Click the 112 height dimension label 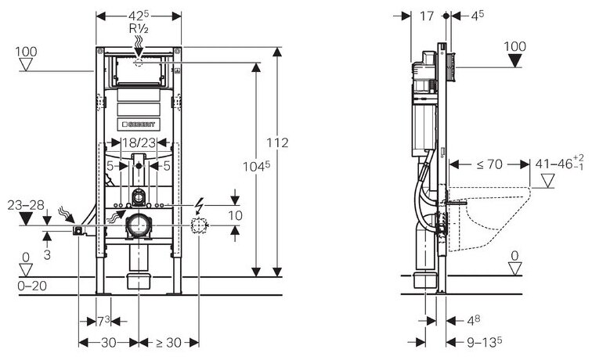277,142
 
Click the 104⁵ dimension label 256,166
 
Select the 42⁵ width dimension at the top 139,16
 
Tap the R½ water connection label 139,28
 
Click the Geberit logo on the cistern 139,124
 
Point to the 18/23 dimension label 139,142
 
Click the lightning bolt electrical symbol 200,205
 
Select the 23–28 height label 26,205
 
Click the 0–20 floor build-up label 32,286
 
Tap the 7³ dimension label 103,322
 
